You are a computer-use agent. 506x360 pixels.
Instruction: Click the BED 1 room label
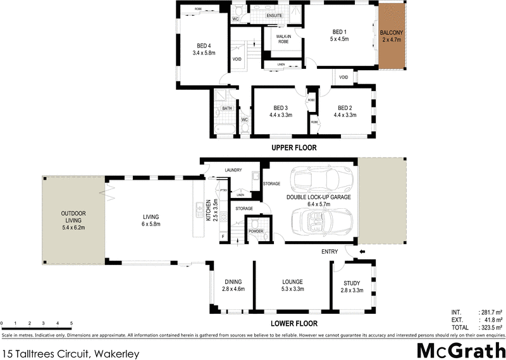(x=340, y=31)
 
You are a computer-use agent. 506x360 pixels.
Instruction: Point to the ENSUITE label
(x=275, y=15)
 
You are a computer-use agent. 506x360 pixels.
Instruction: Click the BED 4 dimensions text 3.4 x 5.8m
(x=203, y=53)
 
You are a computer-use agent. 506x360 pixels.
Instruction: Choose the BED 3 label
(x=281, y=108)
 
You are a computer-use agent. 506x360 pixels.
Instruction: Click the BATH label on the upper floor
(x=226, y=109)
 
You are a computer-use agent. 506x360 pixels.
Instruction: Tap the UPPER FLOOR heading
(x=293, y=148)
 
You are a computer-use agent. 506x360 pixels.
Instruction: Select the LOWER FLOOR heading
(x=293, y=324)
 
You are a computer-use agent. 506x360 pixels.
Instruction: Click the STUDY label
(x=352, y=283)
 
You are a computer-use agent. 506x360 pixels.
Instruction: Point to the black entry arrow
(x=363, y=253)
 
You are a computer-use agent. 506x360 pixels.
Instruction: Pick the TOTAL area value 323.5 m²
(x=490, y=328)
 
